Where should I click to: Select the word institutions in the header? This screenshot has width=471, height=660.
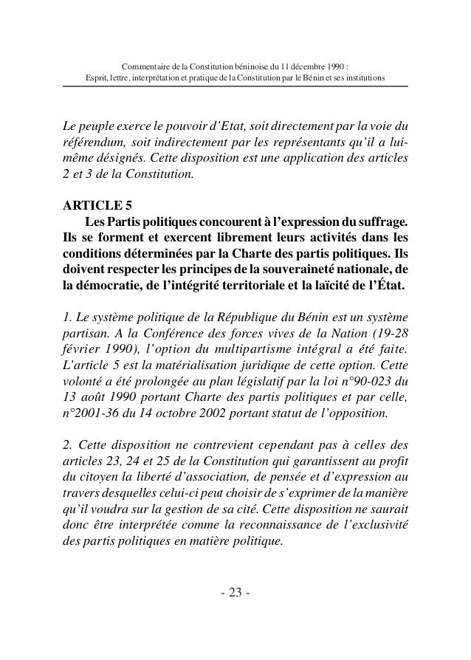(364, 78)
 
